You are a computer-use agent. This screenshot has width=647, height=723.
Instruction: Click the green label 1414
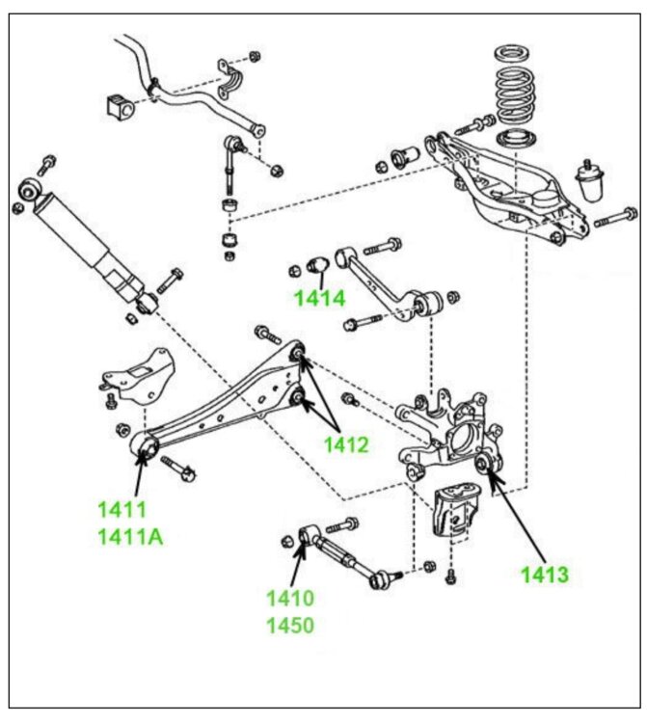coord(319,299)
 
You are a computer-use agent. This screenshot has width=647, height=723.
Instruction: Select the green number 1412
coord(346,445)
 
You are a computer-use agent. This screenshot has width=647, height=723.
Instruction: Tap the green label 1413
coord(545,575)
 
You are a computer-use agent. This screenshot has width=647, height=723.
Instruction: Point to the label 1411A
coord(130,537)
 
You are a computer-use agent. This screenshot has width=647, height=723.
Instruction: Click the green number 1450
coord(290,626)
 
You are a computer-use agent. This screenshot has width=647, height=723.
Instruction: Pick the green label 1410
coord(290,598)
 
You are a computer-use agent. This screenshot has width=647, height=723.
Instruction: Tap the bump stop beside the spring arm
coord(590,180)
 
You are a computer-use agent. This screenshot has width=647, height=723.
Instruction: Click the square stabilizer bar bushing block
coord(121,106)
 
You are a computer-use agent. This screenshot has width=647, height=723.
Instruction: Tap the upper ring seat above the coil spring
coord(514,53)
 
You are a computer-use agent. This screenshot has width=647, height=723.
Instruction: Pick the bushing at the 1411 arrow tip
coord(144,446)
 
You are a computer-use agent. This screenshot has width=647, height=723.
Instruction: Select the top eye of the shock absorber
coord(31,190)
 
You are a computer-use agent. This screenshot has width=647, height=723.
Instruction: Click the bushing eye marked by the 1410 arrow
coord(308,536)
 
